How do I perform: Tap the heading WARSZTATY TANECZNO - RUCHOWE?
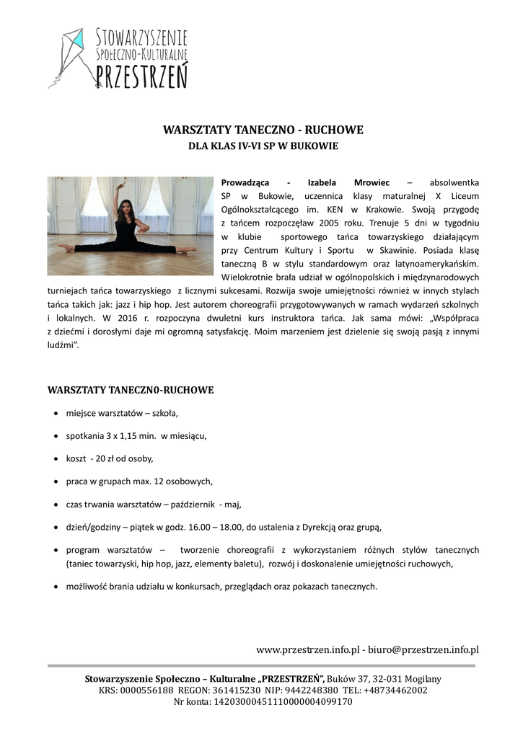point(263,130)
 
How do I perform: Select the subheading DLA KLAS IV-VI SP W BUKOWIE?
point(263,146)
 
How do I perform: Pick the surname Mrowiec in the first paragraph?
point(372,182)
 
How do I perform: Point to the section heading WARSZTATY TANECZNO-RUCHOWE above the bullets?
point(131,391)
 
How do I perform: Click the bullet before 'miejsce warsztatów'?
point(56,414)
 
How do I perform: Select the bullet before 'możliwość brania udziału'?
point(56,587)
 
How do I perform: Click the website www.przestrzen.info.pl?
point(307,650)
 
